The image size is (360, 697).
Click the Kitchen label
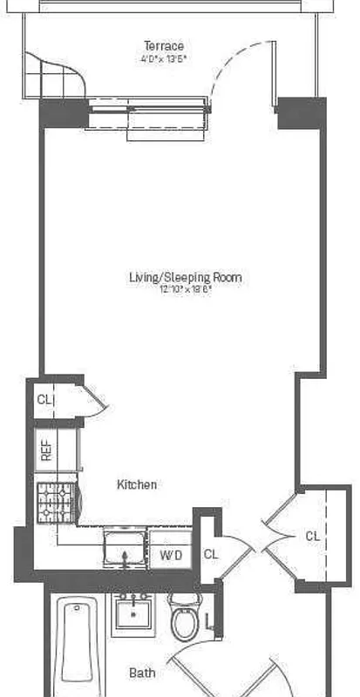[x=138, y=484]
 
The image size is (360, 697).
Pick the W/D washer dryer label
[x=170, y=554]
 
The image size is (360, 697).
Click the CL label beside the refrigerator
[x=44, y=400]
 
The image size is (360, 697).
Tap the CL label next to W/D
[x=211, y=554]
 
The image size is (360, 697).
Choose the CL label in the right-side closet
[x=312, y=537]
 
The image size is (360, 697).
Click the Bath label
[x=142, y=673]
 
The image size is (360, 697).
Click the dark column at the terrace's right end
[x=301, y=112]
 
